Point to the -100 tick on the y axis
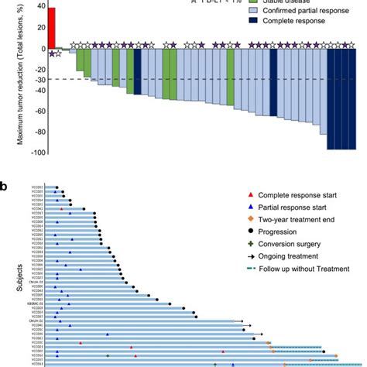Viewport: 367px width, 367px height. click(36, 152)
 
